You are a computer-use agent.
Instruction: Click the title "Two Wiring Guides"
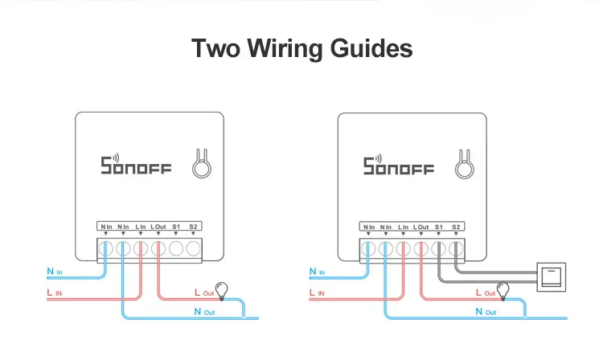(x=301, y=48)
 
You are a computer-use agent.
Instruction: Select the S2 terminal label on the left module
(x=194, y=227)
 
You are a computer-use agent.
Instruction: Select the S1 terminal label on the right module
(x=438, y=227)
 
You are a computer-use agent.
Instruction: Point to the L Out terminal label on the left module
(x=158, y=227)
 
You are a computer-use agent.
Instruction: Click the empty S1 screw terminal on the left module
(x=176, y=249)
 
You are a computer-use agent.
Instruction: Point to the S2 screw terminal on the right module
(x=456, y=249)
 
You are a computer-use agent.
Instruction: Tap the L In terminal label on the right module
(x=403, y=227)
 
